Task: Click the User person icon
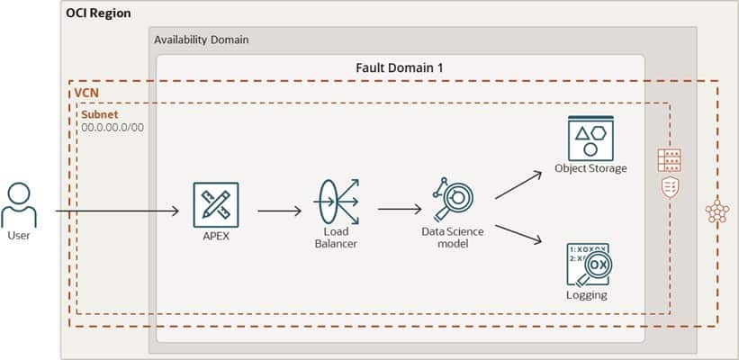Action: (x=19, y=205)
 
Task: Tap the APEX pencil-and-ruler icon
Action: (x=216, y=204)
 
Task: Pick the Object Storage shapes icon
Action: (x=590, y=138)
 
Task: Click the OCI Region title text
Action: (x=98, y=13)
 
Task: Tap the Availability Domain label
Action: (x=201, y=40)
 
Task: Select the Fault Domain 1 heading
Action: (x=400, y=67)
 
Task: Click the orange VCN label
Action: (x=86, y=93)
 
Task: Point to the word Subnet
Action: (x=99, y=114)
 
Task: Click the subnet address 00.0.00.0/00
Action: (x=113, y=127)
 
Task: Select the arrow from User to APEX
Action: (x=117, y=211)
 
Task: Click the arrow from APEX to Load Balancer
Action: (x=279, y=211)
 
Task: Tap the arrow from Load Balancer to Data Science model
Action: (x=400, y=210)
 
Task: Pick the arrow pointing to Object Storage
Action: (x=518, y=184)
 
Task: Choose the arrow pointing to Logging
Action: (x=518, y=233)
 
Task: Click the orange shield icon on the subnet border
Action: (x=669, y=185)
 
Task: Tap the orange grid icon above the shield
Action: (x=669, y=159)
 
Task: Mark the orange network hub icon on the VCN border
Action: (x=716, y=212)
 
